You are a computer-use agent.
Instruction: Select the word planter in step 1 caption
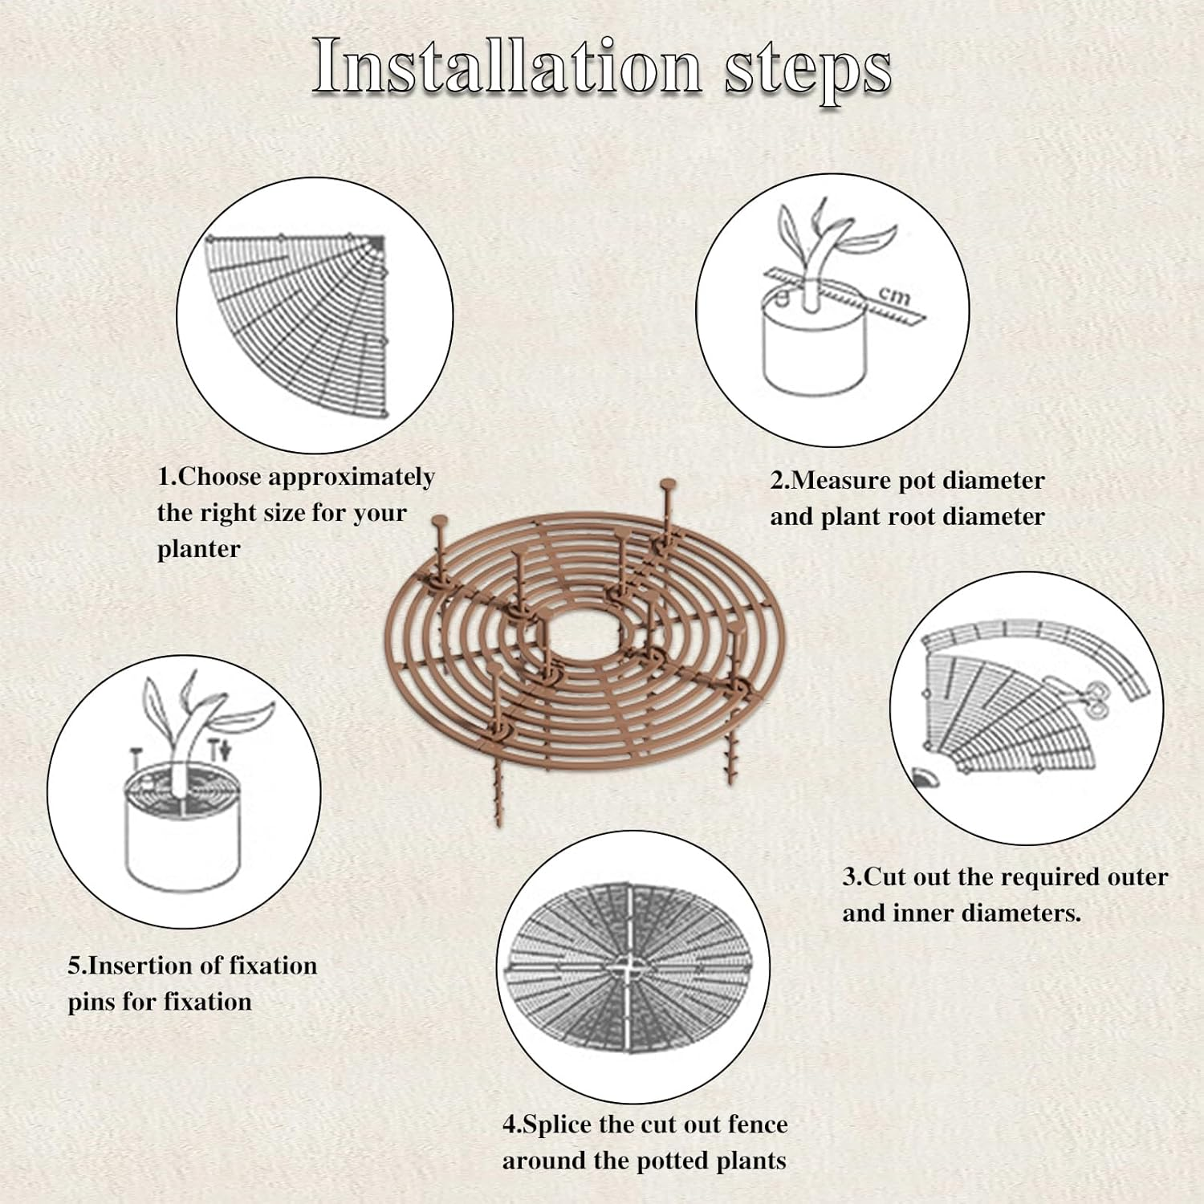tap(198, 550)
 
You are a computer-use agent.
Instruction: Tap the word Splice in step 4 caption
tap(558, 1125)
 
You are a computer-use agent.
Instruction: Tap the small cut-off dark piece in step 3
tap(925, 776)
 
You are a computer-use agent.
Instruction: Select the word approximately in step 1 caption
tap(352, 478)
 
